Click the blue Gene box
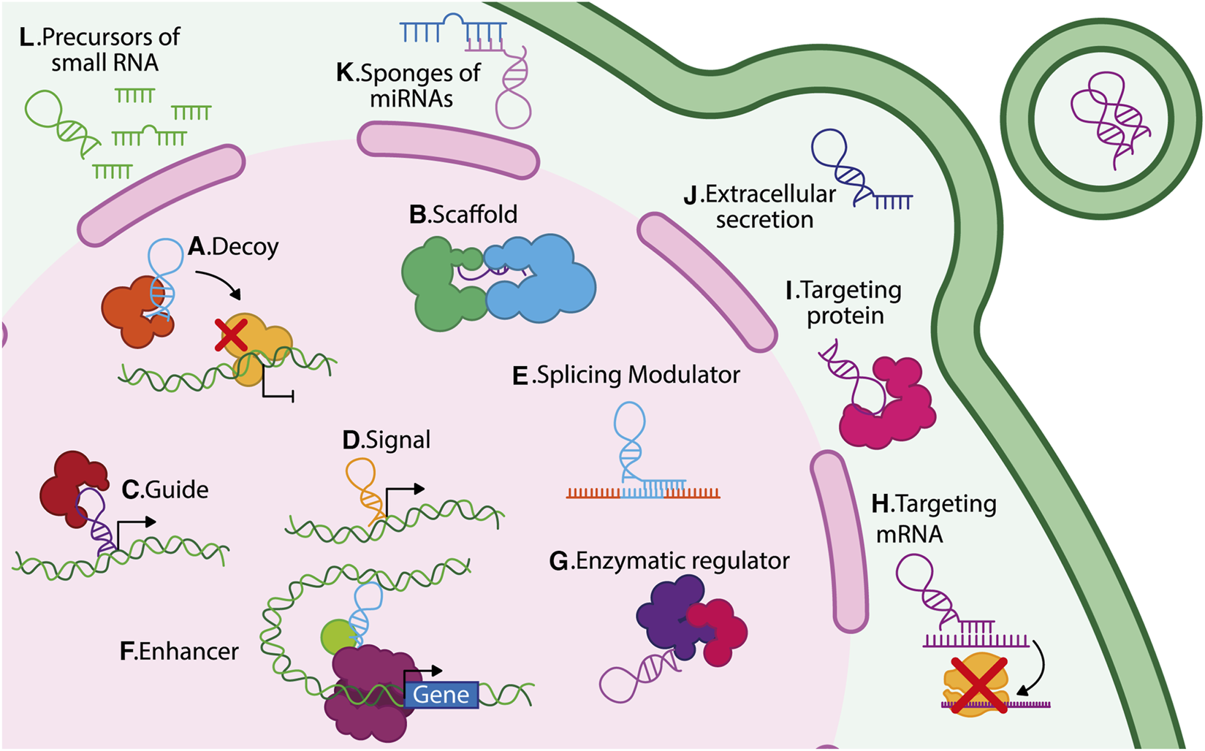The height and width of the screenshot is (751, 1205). [441, 694]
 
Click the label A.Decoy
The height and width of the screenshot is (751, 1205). [233, 247]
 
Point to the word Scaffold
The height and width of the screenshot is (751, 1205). [474, 215]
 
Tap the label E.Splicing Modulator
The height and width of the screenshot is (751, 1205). [626, 375]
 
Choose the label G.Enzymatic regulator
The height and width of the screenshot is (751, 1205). [669, 561]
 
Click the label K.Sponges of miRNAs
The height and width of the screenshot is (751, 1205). [409, 85]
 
